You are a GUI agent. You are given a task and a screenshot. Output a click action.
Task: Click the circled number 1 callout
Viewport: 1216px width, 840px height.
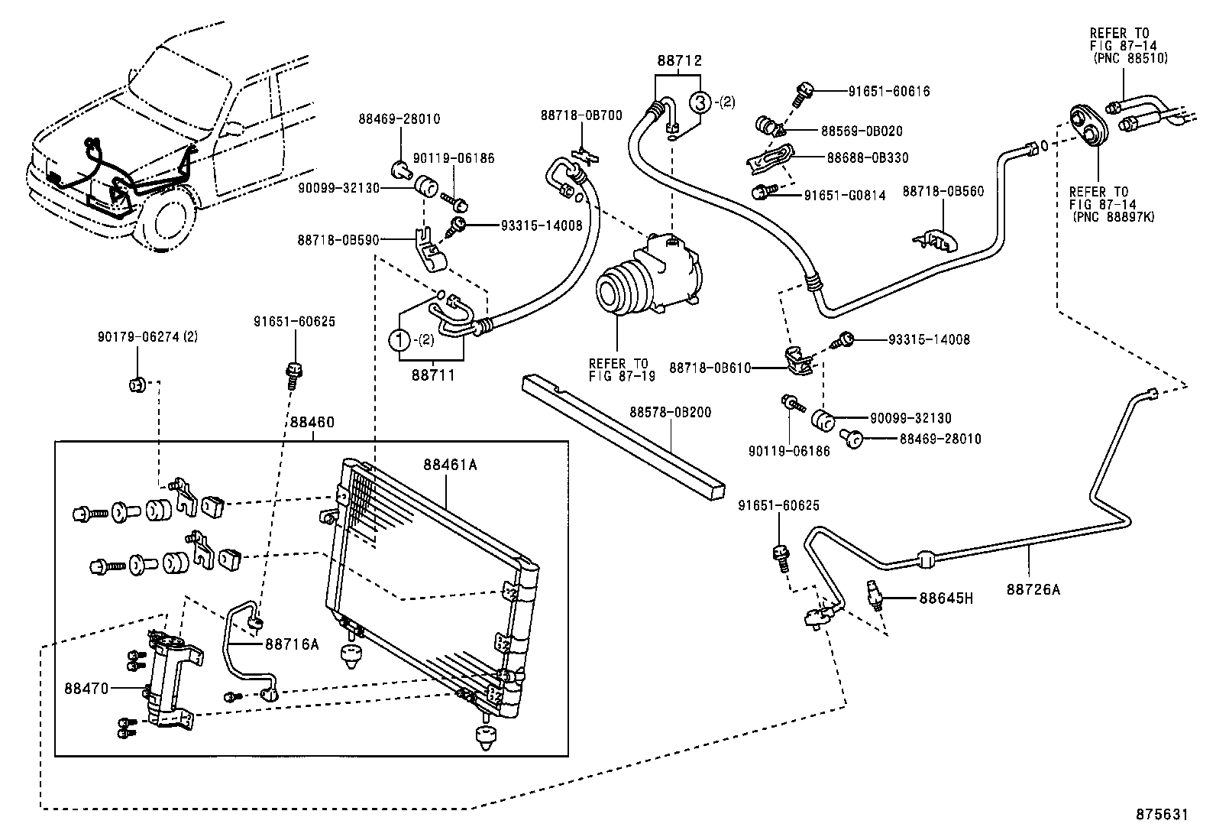pos(400,339)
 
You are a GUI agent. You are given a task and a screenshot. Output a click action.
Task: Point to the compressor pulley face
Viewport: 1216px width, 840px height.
pos(615,290)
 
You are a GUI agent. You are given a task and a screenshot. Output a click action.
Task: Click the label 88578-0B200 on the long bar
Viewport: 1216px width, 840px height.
pos(670,412)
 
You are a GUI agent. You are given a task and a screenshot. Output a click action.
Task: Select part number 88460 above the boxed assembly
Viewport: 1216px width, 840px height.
pos(312,422)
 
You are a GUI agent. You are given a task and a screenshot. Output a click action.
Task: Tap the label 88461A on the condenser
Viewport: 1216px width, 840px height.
pos(451,465)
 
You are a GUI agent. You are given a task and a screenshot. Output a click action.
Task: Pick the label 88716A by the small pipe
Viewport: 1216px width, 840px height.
pos(291,644)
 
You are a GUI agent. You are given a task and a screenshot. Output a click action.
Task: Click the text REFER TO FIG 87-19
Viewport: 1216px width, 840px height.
pos(618,369)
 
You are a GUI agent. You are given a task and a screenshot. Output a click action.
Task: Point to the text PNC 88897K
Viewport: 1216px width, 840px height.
pos(1114,216)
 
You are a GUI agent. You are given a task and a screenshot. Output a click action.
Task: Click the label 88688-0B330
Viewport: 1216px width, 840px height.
pos(868,157)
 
